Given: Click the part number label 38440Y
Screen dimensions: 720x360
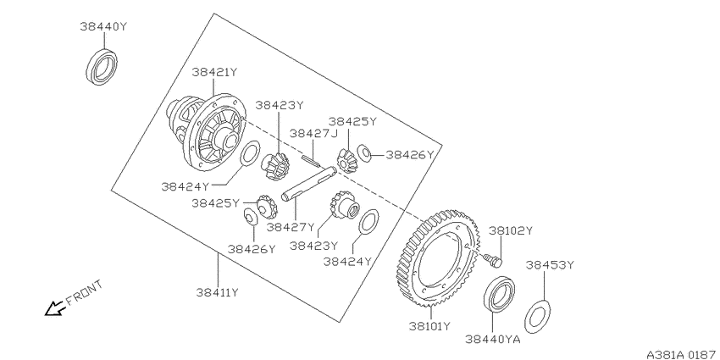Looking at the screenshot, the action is (102, 26).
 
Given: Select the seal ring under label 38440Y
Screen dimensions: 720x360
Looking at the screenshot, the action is (102, 68).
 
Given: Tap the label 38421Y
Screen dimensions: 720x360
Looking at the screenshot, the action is (214, 72).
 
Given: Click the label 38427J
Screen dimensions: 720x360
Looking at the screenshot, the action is (313, 133).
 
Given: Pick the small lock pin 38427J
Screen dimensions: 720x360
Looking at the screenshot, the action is (310, 160).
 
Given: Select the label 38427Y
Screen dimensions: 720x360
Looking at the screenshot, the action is (291, 227).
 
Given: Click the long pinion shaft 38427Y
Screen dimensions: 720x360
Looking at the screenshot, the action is (309, 184).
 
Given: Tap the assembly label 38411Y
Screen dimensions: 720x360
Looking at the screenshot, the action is (218, 292).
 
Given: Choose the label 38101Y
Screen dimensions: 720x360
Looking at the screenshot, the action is (430, 326).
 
